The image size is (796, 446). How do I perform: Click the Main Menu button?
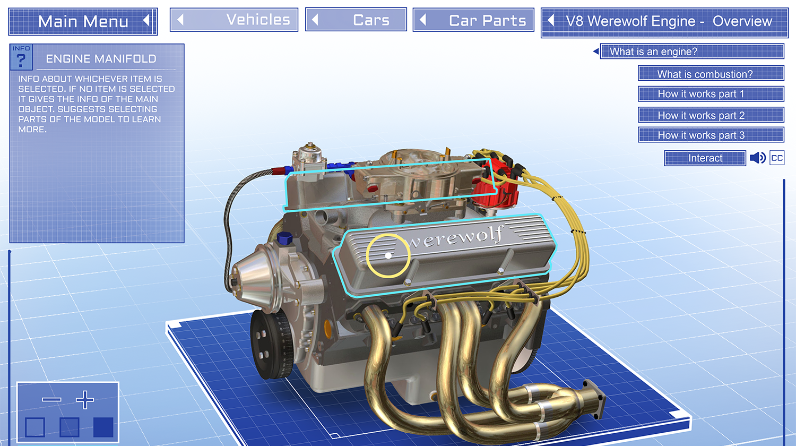pyautogui.click(x=83, y=21)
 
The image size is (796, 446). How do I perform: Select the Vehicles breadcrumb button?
pyautogui.click(x=234, y=20)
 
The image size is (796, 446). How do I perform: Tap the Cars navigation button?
pyautogui.click(x=356, y=20)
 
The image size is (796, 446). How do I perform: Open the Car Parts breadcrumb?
pyautogui.click(x=473, y=20)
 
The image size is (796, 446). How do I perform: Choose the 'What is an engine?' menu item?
pyautogui.click(x=692, y=52)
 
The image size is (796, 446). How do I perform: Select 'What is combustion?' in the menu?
pyautogui.click(x=711, y=74)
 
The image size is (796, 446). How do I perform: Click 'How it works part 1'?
pyautogui.click(x=711, y=94)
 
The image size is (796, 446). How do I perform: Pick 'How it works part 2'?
pyautogui.click(x=711, y=115)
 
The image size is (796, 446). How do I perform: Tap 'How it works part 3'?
pyautogui.click(x=711, y=135)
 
